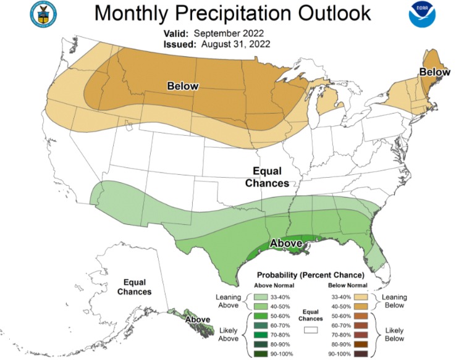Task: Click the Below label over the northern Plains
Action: click(182, 86)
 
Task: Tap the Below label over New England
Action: click(434, 72)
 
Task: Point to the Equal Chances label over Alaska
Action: click(134, 286)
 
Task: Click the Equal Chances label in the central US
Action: click(267, 178)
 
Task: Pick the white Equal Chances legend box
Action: click(311, 331)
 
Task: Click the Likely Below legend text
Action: click(393, 334)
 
